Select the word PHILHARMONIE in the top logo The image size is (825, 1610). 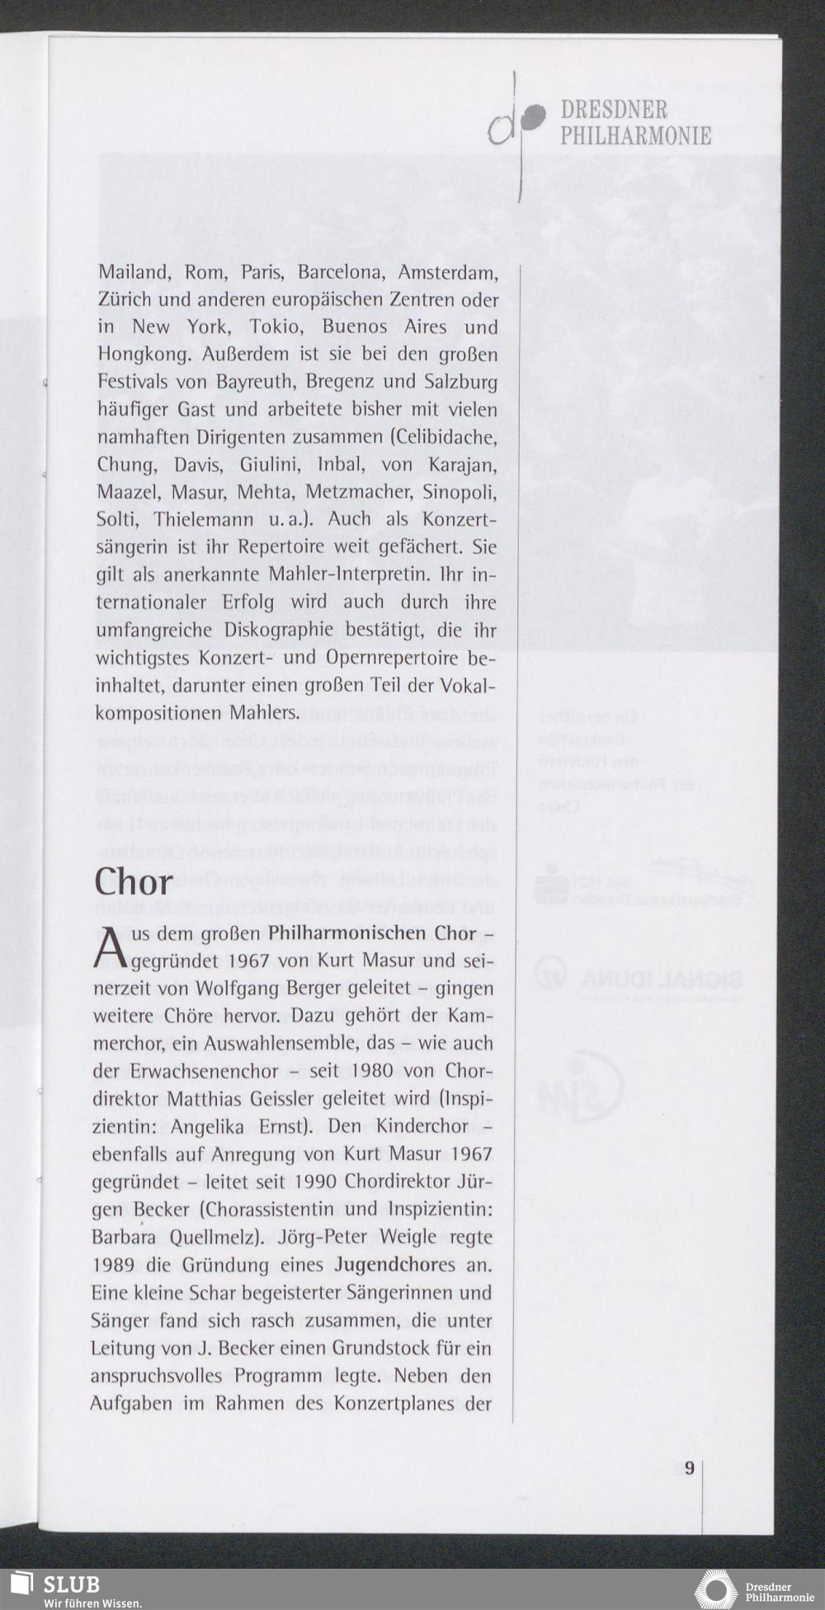click(635, 136)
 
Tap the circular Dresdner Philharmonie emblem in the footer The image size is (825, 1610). click(716, 1589)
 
